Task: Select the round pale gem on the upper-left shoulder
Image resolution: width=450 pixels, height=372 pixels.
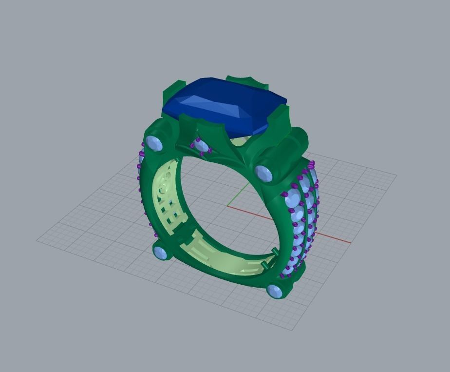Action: point(154,143)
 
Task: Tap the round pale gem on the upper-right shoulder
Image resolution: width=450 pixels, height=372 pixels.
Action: point(263,173)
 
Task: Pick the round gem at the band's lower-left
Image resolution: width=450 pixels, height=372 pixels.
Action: point(160,253)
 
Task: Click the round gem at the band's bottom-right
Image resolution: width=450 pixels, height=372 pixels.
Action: point(276,292)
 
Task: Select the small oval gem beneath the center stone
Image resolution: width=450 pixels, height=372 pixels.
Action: point(200,145)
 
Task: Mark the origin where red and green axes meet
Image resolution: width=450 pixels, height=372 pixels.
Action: point(228,206)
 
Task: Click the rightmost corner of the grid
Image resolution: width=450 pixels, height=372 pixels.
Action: point(396,175)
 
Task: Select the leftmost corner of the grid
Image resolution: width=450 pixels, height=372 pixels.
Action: point(37,239)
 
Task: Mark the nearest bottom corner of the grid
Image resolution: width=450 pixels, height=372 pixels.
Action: point(293,330)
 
